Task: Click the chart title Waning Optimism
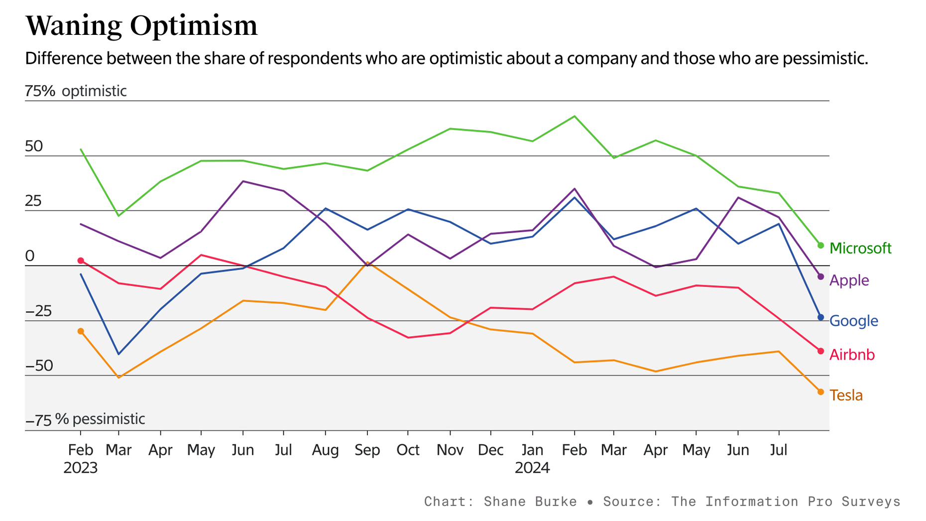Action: click(141, 26)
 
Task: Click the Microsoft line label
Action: click(860, 248)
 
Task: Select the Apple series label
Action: click(849, 280)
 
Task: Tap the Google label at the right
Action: click(853, 321)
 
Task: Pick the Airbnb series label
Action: click(852, 355)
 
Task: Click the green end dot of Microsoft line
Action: click(821, 246)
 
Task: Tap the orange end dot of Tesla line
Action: click(821, 392)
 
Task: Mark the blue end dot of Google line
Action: click(821, 317)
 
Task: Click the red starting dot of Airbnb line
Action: click(81, 261)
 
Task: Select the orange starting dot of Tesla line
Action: click(81, 331)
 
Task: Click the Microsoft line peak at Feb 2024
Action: click(575, 117)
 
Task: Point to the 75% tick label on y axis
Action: click(40, 91)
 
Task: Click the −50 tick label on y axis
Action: click(39, 366)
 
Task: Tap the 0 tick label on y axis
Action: click(30, 256)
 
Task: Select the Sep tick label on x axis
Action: click(367, 450)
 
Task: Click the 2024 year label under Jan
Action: click(532, 468)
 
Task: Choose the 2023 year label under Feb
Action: click(81, 468)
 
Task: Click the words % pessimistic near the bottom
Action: click(100, 419)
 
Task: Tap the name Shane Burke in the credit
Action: click(530, 502)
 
